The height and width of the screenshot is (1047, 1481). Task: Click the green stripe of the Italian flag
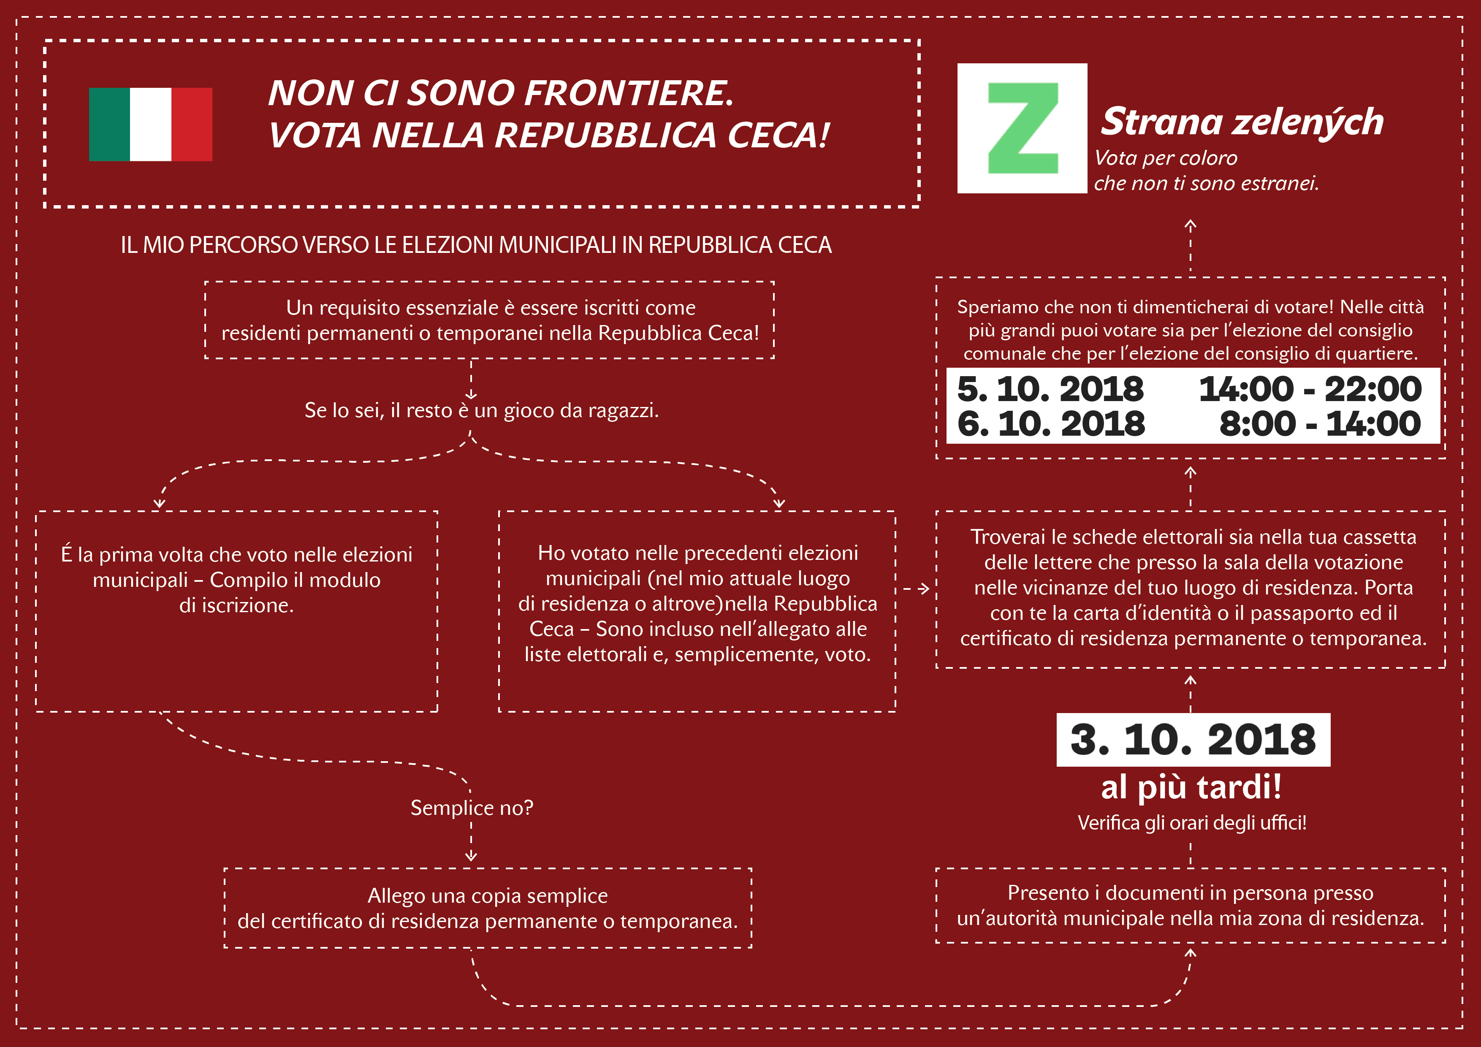pos(110,125)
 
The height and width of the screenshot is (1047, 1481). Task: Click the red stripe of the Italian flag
pos(192,125)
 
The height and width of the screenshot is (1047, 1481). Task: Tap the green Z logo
pos(1023,128)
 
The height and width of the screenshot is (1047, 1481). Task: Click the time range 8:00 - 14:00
pos(1320,424)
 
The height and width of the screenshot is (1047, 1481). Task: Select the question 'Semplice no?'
pos(472,808)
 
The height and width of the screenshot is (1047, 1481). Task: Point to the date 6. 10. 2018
pos(1051,424)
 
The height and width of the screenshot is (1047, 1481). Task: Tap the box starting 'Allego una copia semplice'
pos(488,908)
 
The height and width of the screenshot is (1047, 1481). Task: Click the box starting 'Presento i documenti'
pos(1191,906)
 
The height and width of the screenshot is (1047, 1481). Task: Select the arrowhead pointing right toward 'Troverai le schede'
pos(924,589)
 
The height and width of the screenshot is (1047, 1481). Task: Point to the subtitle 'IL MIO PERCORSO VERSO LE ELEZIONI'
pos(476,245)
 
